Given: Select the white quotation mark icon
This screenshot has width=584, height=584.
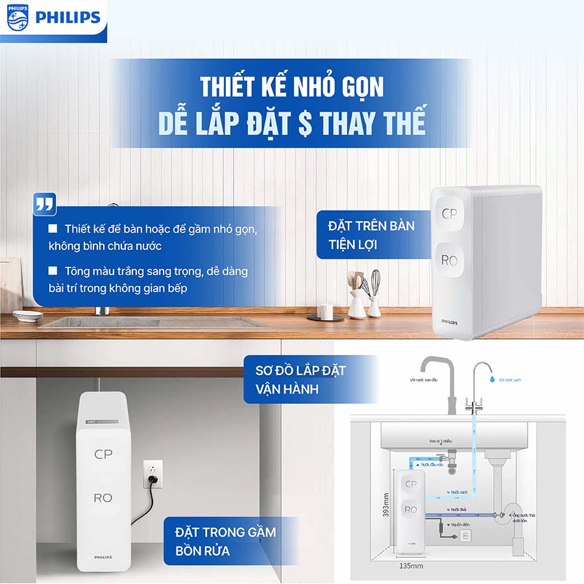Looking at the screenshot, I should (x=44, y=205).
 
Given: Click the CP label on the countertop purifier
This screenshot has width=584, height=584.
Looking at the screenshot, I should (x=449, y=213).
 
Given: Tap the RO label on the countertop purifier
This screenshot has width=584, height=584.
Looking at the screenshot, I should (x=449, y=260).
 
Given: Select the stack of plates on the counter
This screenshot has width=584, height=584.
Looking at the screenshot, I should (x=27, y=315).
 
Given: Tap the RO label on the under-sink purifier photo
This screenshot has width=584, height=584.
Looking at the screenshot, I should (x=103, y=498).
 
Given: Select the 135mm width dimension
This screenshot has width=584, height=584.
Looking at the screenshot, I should (x=411, y=566).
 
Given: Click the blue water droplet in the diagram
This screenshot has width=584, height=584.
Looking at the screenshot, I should (x=491, y=376).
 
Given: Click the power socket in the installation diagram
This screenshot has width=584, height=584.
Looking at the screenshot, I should (x=465, y=535).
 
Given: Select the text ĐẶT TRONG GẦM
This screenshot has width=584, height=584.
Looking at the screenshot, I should (x=225, y=532).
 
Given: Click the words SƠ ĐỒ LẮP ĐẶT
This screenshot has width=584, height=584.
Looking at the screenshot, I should (x=300, y=371).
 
